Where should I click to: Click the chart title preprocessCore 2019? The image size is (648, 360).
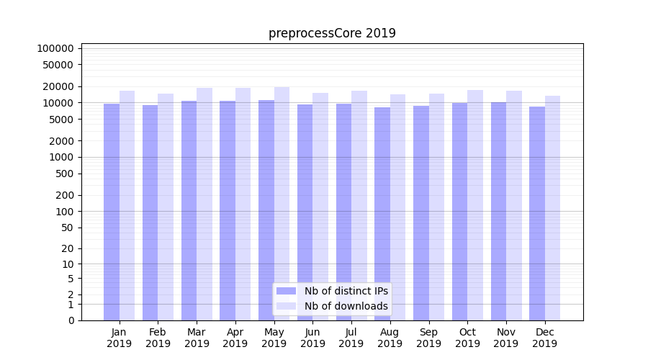coord(332,33)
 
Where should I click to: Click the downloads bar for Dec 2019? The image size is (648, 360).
coord(552,208)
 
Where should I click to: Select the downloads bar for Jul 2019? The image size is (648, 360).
coord(359,206)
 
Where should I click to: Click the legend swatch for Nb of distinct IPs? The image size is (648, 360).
coord(287,291)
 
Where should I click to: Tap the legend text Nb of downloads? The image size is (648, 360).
coord(346,306)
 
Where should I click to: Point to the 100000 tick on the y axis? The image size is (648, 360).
coord(55,48)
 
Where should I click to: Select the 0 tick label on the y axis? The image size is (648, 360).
coord(71,320)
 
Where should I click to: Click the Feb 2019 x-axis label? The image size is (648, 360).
coord(158,338)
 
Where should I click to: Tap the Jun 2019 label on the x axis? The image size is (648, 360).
coord(312,338)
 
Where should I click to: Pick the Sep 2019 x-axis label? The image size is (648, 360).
coord(428,338)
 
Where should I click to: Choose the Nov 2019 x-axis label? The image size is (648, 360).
coord(506,338)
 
